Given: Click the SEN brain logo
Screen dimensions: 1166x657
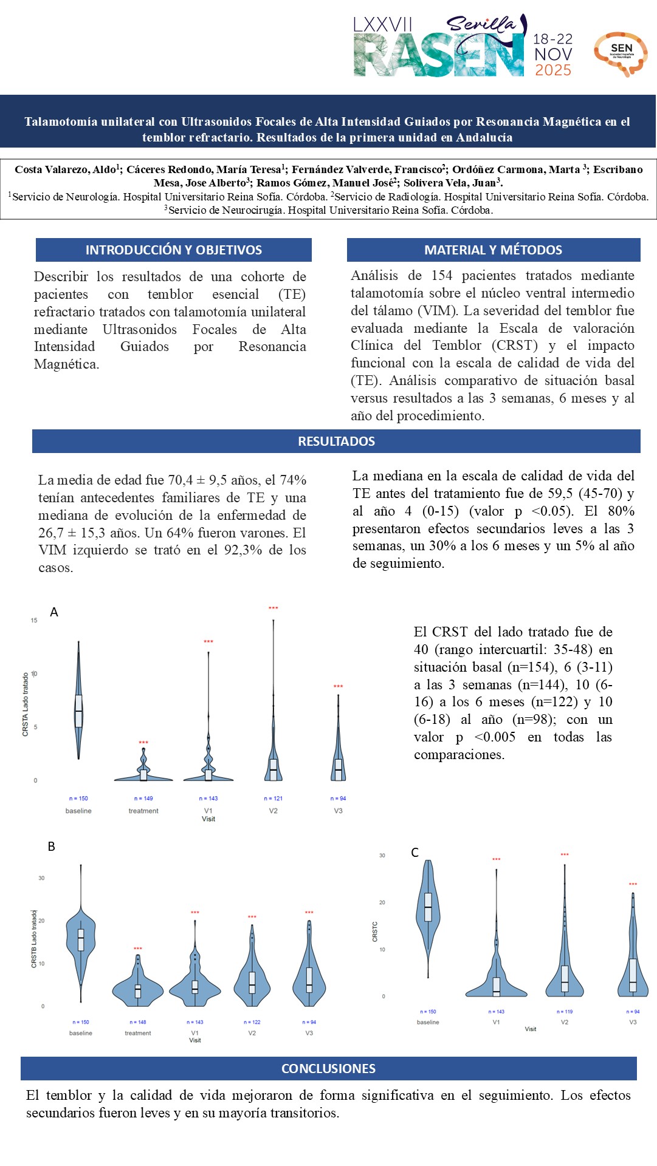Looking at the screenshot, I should point(621,53).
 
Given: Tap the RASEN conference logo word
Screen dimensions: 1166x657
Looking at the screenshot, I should point(439,56).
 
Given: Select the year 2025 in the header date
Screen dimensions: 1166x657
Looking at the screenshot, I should point(553,70).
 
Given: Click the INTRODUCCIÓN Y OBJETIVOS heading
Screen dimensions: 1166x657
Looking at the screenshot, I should point(174,250).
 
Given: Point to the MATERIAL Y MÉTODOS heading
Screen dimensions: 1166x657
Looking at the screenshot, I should point(493,250).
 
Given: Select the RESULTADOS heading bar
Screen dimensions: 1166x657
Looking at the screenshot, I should point(336,442).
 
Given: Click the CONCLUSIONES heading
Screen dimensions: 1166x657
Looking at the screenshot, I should point(328,1068).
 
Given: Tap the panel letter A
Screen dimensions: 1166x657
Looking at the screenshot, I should point(54,612).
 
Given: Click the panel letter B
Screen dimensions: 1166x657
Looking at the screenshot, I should point(52,847).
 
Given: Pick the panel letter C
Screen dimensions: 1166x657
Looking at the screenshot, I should point(415,853).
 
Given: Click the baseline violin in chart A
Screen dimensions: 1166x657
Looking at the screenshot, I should point(78,711).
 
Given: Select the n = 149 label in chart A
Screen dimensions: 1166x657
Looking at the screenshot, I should point(143,799).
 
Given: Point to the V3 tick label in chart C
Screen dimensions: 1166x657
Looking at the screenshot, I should point(633,1022).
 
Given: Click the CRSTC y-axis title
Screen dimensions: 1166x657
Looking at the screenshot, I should point(375,932).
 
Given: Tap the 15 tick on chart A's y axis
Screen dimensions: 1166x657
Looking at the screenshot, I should point(34,620).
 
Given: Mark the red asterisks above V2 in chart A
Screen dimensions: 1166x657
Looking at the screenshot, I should point(273,608).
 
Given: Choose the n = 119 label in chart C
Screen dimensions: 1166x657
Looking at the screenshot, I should point(565,1012).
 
